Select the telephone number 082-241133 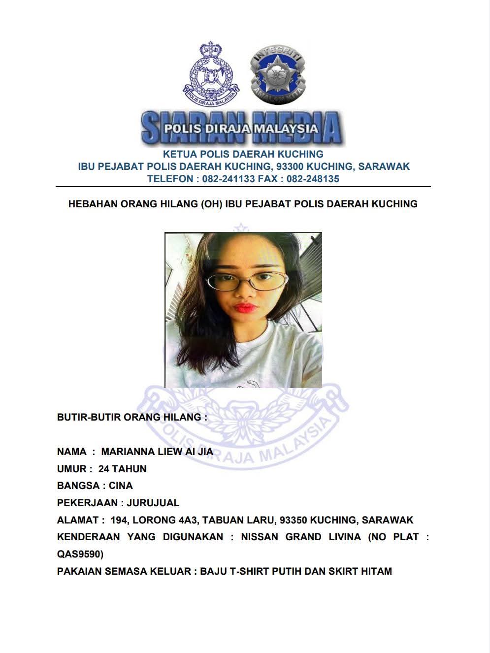[229, 179]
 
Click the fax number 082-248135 [313, 179]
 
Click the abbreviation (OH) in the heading [211, 204]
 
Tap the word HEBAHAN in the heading [93, 204]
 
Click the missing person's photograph [243, 310]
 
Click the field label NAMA [72, 452]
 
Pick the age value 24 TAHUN [122, 469]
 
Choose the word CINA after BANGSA [121, 486]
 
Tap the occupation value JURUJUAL [153, 503]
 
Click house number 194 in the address [119, 520]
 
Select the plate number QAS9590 [80, 554]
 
